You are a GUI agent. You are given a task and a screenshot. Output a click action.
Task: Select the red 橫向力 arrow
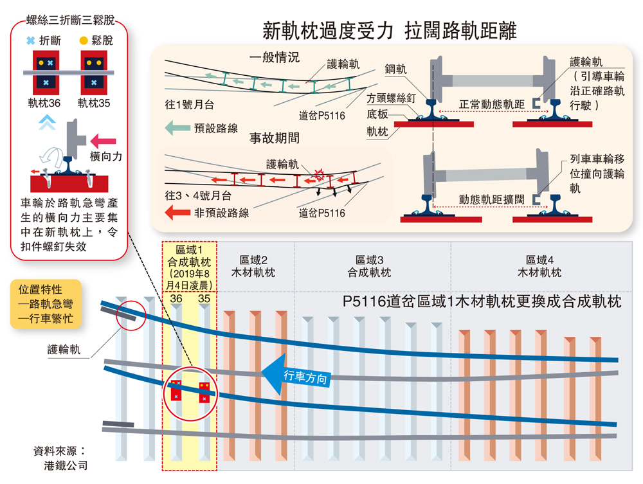[x=103, y=140]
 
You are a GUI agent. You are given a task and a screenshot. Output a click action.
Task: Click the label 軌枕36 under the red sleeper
[x=44, y=102]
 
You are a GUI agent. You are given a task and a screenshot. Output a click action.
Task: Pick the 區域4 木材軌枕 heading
[x=539, y=266]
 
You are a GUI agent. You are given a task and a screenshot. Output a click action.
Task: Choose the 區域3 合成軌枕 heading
[x=372, y=266]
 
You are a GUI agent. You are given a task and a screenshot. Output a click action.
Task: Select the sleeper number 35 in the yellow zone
[x=204, y=298]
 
